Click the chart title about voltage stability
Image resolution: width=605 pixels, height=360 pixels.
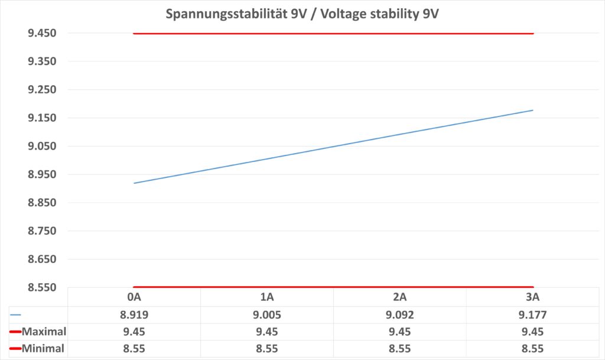(x=302, y=13)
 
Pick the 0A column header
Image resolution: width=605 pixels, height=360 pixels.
(x=134, y=297)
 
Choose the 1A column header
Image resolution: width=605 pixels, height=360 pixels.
(x=267, y=297)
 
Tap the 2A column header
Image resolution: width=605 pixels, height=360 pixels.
(x=400, y=297)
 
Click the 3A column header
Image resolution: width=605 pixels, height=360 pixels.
(x=533, y=297)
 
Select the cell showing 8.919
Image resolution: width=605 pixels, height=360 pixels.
(x=134, y=314)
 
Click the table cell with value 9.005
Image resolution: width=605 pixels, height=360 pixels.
(x=267, y=314)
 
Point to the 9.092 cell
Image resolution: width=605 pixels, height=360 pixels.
(x=400, y=314)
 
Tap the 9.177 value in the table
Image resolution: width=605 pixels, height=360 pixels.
(x=533, y=314)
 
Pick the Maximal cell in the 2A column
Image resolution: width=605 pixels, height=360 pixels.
(x=400, y=332)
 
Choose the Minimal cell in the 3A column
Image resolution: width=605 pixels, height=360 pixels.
(x=533, y=349)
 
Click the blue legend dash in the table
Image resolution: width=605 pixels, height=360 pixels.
(x=15, y=315)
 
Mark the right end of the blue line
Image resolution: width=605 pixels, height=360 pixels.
(x=533, y=110)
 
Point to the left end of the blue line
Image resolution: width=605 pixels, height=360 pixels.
(x=134, y=183)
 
